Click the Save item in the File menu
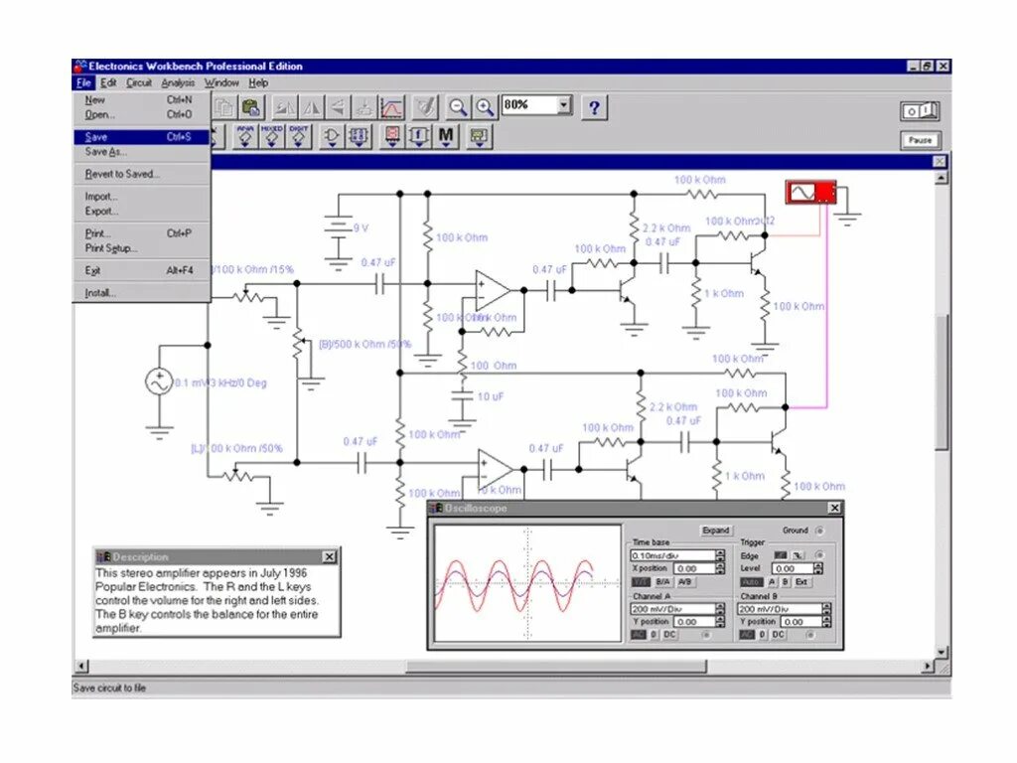[x=97, y=137]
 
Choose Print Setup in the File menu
[x=111, y=248]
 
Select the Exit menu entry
[x=93, y=270]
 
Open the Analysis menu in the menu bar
[x=178, y=83]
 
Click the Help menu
[x=258, y=83]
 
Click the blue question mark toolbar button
[x=594, y=107]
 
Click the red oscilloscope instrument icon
[x=809, y=192]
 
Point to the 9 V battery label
[x=361, y=228]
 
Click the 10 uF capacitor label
[x=491, y=396]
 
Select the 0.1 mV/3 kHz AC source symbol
[x=159, y=382]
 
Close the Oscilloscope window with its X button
[x=834, y=508]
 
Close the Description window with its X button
[x=329, y=556]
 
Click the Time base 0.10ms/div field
[x=672, y=556]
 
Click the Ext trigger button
[x=801, y=582]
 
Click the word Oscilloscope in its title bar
[x=476, y=509]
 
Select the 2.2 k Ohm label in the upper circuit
[x=665, y=229]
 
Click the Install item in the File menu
[x=100, y=293]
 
